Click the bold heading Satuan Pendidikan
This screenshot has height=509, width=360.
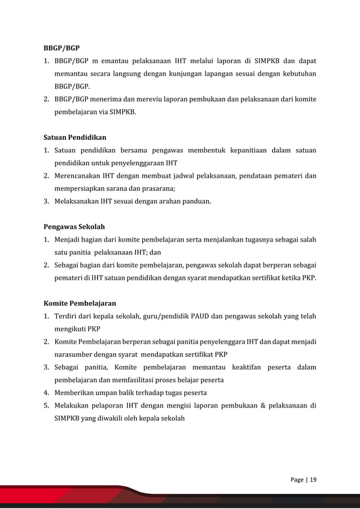tap(75, 137)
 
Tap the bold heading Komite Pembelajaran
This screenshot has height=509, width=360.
tap(80, 303)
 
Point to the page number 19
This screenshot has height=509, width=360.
tap(313, 480)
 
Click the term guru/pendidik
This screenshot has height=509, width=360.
tap(161, 316)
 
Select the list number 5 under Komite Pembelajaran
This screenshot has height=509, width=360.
tap(47, 406)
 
